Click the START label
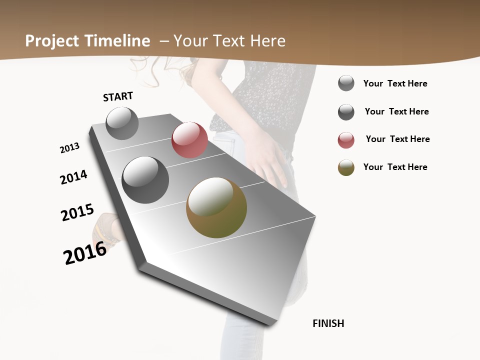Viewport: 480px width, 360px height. (x=118, y=96)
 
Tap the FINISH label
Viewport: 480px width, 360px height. (x=328, y=323)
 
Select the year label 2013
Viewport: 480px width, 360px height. (x=70, y=148)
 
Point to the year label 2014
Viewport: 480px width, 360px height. (x=74, y=177)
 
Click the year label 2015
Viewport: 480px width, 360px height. (x=77, y=212)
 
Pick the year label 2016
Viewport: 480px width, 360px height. (x=85, y=253)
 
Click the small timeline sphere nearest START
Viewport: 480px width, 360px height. (x=122, y=123)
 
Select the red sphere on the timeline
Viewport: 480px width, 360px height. (x=189, y=140)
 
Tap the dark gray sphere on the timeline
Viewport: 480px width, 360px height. (x=145, y=180)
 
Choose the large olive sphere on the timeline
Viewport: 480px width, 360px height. (x=216, y=207)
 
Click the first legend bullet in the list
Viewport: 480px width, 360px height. (x=346, y=83)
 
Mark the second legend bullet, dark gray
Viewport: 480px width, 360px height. (x=346, y=112)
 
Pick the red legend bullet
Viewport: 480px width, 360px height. (x=346, y=140)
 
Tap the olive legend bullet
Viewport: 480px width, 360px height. (x=346, y=167)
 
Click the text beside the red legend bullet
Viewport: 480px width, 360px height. (x=397, y=139)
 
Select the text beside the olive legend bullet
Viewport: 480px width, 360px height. (x=395, y=167)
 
